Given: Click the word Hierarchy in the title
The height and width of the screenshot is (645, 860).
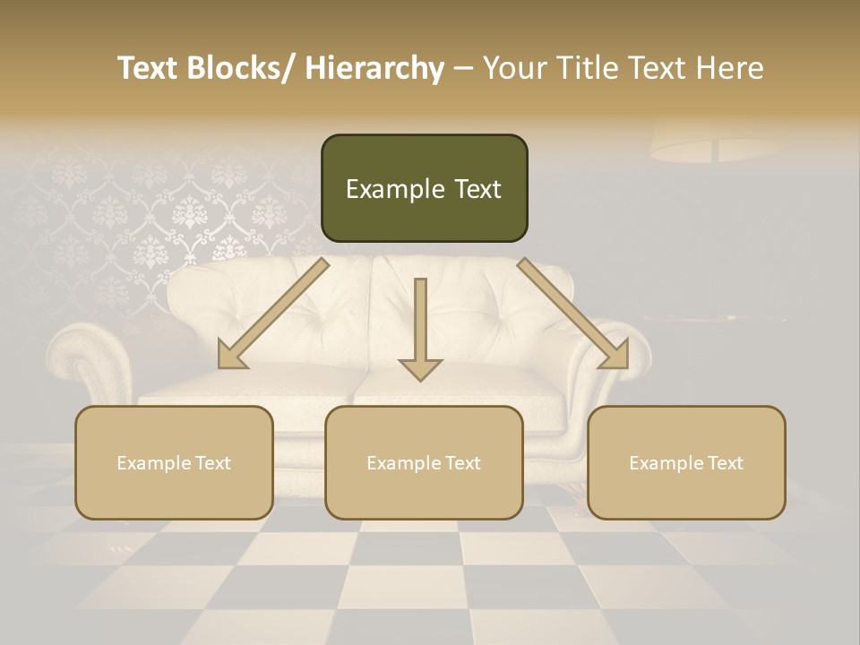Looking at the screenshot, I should [x=374, y=68].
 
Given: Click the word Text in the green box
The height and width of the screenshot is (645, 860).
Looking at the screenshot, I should [x=477, y=190].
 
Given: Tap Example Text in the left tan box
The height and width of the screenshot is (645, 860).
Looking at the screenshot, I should [x=174, y=463].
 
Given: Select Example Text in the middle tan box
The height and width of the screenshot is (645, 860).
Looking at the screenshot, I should [x=424, y=463].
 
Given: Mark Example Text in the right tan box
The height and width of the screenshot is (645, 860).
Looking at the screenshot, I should [x=686, y=463].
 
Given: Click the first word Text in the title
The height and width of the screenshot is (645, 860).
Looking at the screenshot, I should [x=150, y=68].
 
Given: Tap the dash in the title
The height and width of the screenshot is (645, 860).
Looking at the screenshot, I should [x=463, y=69].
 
